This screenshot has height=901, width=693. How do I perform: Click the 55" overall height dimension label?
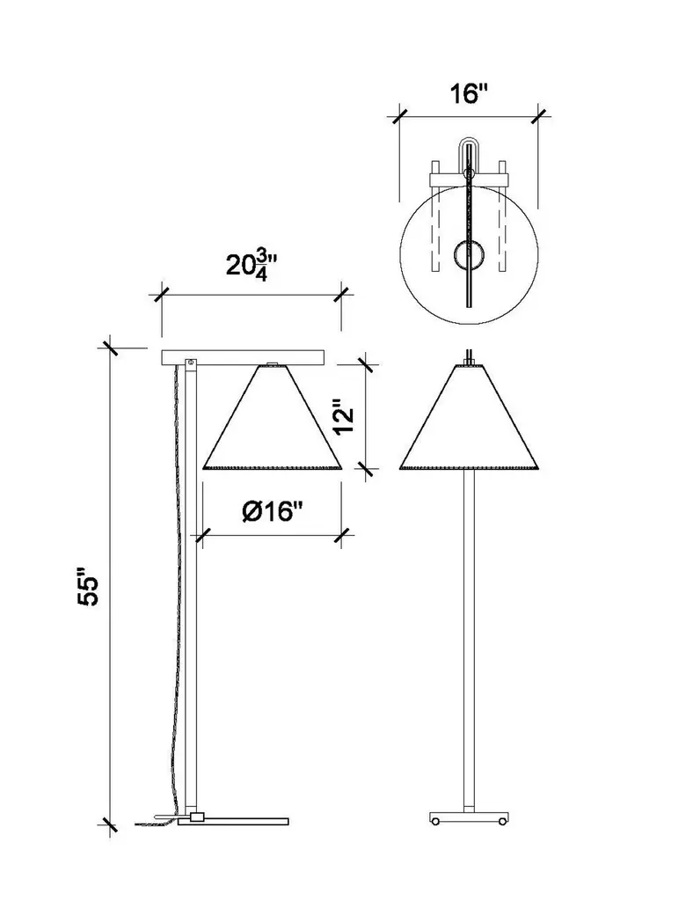pos(89,587)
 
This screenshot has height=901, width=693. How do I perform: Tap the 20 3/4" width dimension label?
pos(252,264)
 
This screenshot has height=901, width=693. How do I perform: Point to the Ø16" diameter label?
pos(272,511)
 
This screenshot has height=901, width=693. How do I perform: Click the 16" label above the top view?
pos(468,93)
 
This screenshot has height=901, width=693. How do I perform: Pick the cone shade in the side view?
pos(272,417)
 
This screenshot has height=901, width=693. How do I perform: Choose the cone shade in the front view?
pos(469,417)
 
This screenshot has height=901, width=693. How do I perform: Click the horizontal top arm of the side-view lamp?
pos(243,357)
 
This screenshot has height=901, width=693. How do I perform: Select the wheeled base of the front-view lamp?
pos(469,818)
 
